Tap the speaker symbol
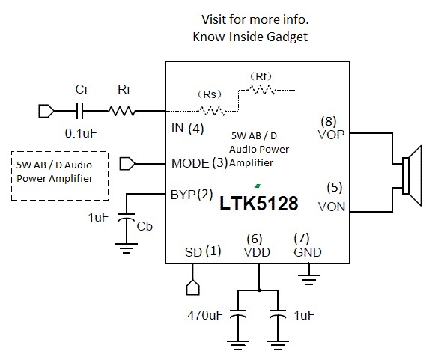tap(409, 172)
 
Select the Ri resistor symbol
tap(124, 112)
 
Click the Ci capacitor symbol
tap(82, 112)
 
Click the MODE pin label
tap(191, 162)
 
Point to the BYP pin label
tap(183, 195)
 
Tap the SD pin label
tap(193, 252)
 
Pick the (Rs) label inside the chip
tap(207, 94)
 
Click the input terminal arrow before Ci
tap(46, 112)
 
